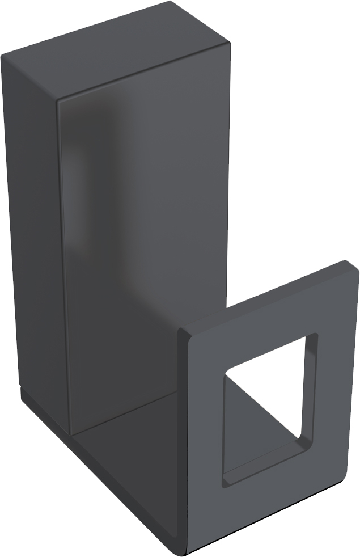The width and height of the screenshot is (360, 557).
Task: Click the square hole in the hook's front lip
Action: tap(266, 414)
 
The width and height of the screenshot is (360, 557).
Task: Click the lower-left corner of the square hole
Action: tap(226, 482)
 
